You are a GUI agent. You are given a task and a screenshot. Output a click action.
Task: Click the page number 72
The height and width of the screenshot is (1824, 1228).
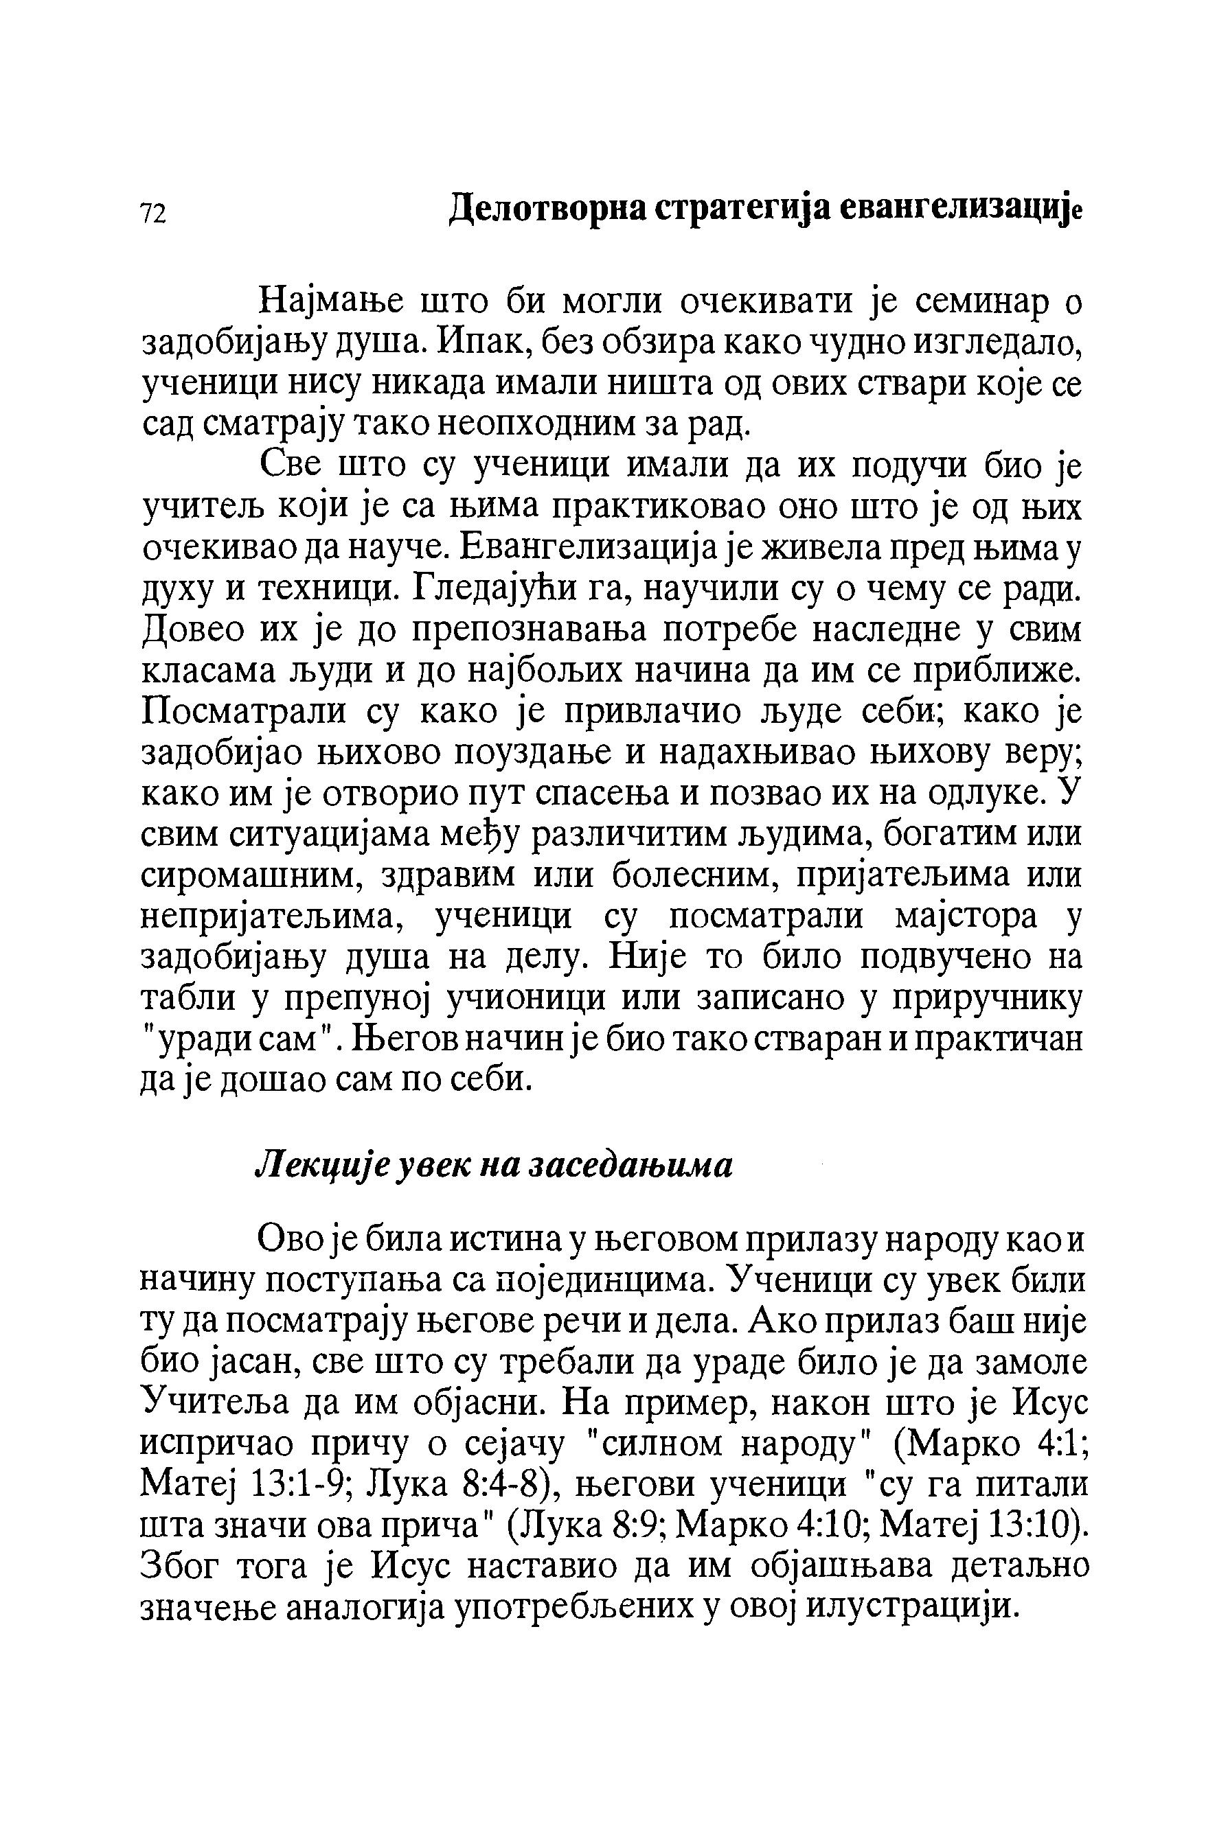tap(152, 213)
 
